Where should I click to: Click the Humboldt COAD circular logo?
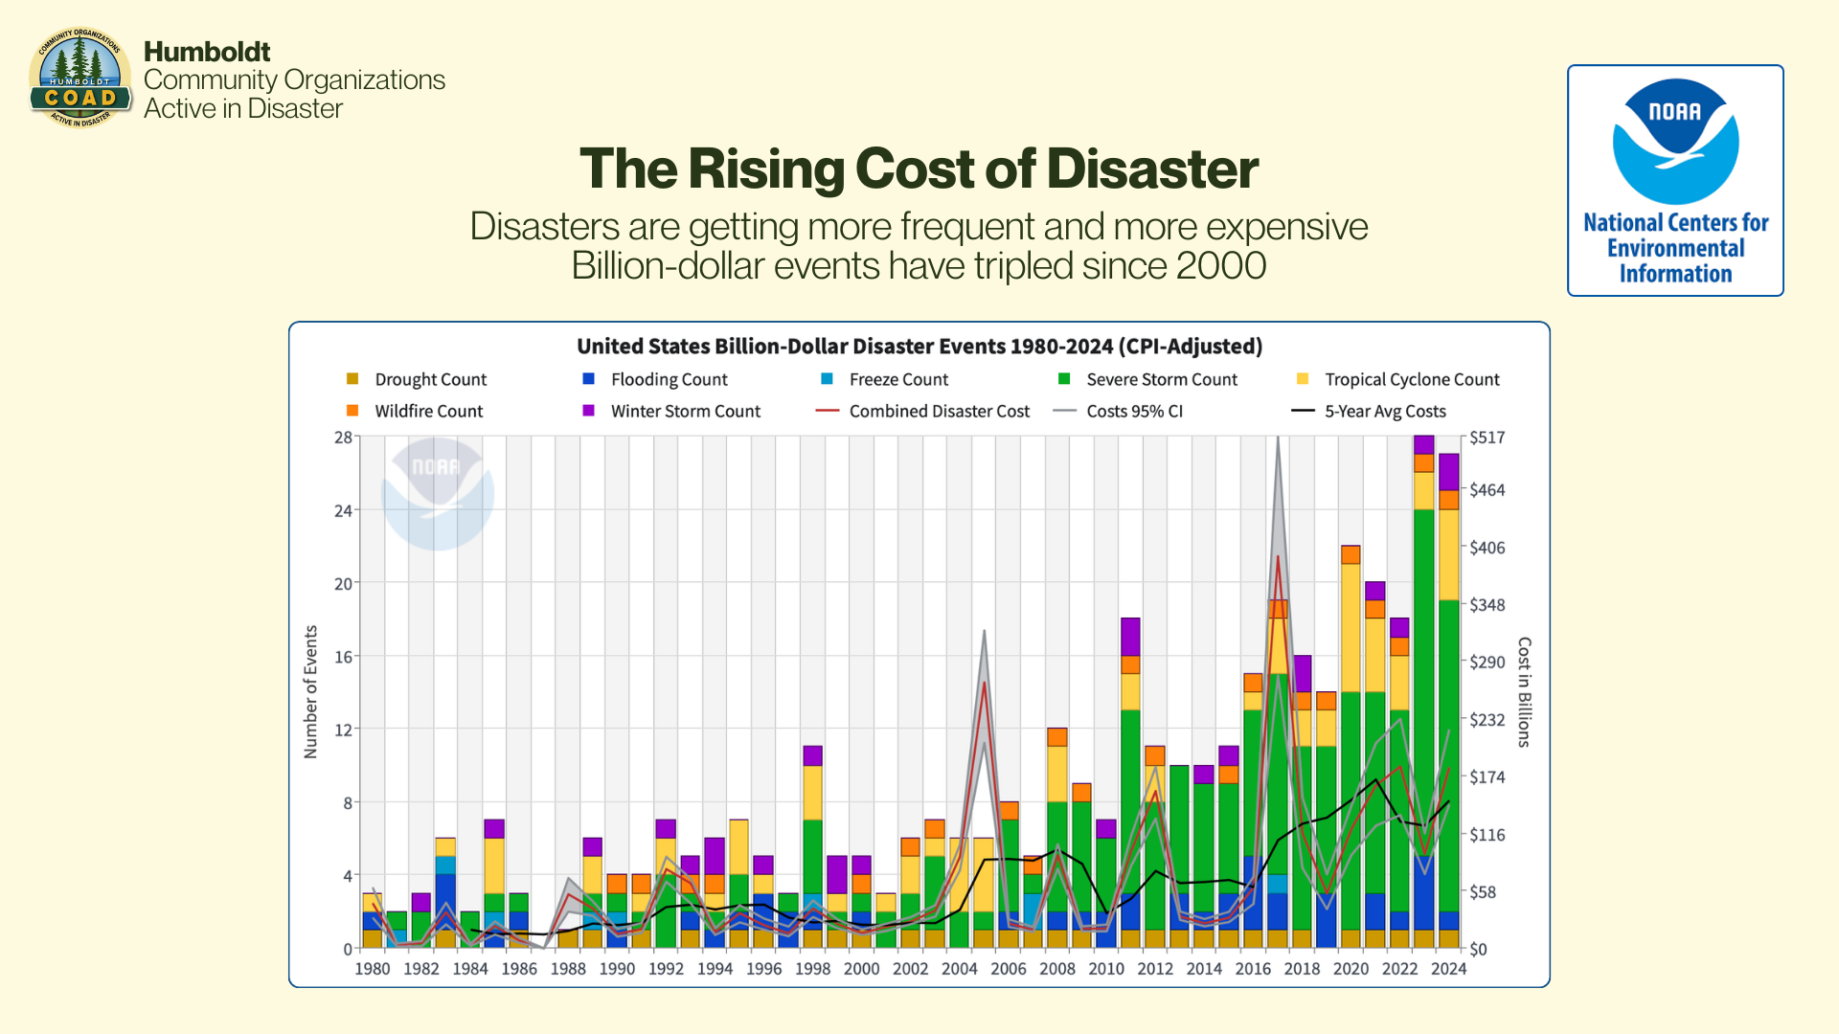tap(80, 79)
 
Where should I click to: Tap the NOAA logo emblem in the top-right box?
tap(1675, 141)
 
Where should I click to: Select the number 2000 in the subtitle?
tap(1221, 266)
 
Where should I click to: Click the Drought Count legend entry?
tap(430, 380)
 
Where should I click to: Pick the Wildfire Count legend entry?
tap(428, 412)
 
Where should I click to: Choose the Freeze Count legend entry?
tap(897, 380)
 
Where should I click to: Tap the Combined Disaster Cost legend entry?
tap(939, 412)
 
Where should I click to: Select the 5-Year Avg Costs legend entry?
tap(1384, 412)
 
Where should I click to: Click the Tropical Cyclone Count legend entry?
tap(1411, 380)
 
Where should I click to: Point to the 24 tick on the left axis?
tap(343, 511)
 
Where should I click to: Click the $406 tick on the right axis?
tap(1487, 548)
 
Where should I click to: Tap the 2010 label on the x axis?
tap(1106, 969)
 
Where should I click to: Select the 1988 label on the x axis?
tap(568, 969)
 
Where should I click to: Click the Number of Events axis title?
tap(310, 692)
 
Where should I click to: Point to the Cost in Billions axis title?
tap(1524, 692)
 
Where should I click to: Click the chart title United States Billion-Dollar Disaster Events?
tap(919, 347)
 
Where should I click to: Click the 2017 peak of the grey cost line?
tap(1278, 439)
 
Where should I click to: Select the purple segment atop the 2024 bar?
tap(1448, 472)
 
